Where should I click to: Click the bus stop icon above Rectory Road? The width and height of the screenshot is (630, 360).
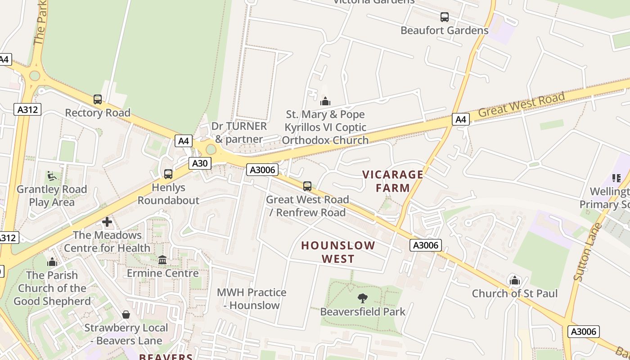coord(97,99)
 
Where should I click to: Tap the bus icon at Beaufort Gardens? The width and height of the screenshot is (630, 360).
coord(445,17)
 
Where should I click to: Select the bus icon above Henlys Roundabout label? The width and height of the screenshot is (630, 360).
coord(168,174)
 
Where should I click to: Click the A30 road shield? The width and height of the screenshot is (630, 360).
coord(199,163)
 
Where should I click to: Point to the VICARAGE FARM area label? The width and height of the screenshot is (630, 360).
coord(393,181)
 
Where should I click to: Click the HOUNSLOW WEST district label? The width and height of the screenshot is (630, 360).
coord(338,252)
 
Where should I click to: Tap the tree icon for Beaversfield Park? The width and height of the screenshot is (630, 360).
coord(362,298)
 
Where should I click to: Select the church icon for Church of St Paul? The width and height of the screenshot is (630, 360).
coord(515,280)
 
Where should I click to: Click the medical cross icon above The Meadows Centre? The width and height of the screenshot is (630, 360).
coord(107,222)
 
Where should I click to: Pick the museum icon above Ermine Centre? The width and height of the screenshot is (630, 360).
coord(162,260)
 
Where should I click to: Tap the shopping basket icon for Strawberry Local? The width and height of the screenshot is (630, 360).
coord(126,315)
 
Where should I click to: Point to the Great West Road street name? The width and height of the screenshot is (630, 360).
coord(521,104)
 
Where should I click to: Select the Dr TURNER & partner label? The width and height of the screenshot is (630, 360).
coord(239,133)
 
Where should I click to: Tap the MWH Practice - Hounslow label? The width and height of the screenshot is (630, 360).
coord(252,299)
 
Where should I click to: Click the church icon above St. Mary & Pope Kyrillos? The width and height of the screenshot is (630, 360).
coord(325,101)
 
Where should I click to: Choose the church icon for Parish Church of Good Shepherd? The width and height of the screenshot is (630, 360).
coord(52,262)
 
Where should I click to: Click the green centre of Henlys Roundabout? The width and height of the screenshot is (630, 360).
coord(211,149)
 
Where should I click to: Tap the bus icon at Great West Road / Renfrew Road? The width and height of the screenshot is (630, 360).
coord(307,186)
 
